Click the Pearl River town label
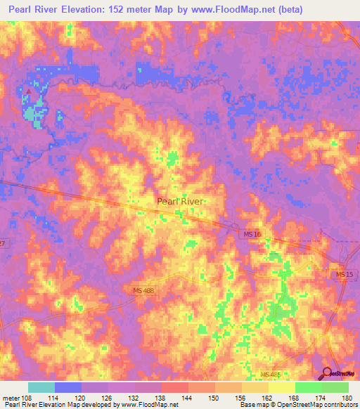(x=181, y=201)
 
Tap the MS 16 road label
(x=252, y=233)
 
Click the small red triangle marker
(x=28, y=91)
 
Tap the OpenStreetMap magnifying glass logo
(x=328, y=372)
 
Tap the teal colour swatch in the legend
(x=41, y=387)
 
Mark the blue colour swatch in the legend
(x=68, y=387)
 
